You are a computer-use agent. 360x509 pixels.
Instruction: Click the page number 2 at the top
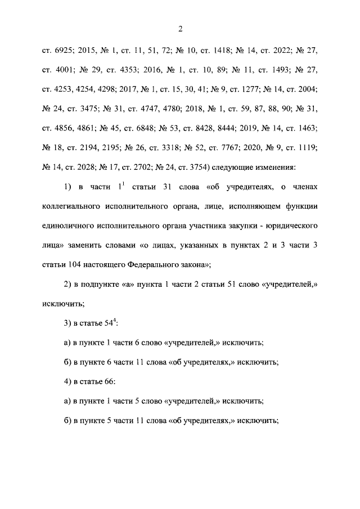click(180, 29)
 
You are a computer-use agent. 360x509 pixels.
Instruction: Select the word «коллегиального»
click(71, 206)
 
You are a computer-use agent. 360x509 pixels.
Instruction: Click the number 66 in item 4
click(107, 381)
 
